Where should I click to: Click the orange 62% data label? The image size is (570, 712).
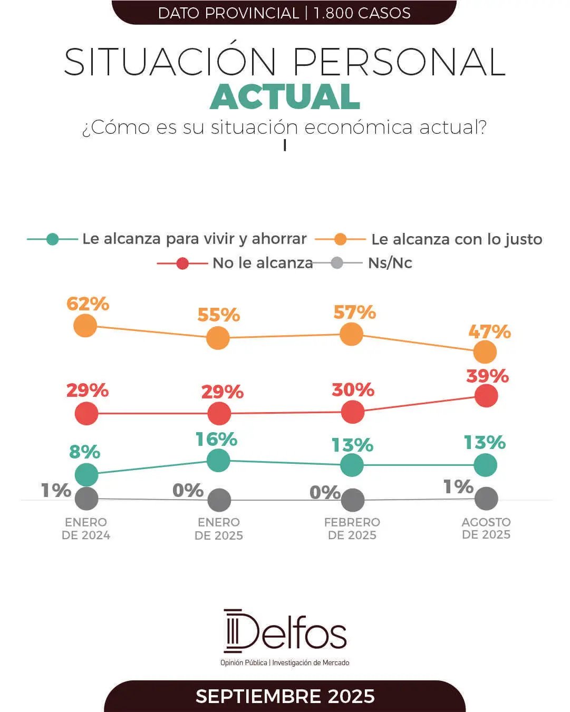88,304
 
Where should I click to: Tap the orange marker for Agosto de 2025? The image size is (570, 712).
485,352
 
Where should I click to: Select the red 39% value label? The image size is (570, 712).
487,376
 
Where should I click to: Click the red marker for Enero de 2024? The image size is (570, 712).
86,414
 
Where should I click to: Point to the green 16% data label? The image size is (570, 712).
216,440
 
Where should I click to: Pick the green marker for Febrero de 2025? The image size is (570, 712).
352,465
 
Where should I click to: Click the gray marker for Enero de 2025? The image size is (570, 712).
219,500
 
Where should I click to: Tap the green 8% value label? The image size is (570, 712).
84,452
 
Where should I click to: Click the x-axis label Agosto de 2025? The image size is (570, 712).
486,528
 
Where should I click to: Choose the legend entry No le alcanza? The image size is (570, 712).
262,263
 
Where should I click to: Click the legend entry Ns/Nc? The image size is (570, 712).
390,263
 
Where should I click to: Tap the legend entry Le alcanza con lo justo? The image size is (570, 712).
456,240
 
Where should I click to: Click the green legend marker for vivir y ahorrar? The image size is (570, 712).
52,239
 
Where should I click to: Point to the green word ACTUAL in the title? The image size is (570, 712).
285,97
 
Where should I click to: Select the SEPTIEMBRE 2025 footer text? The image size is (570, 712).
285,696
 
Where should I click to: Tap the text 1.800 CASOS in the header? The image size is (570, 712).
362,13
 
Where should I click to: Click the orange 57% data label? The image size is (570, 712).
354,313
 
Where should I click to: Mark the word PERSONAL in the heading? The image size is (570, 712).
399,62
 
